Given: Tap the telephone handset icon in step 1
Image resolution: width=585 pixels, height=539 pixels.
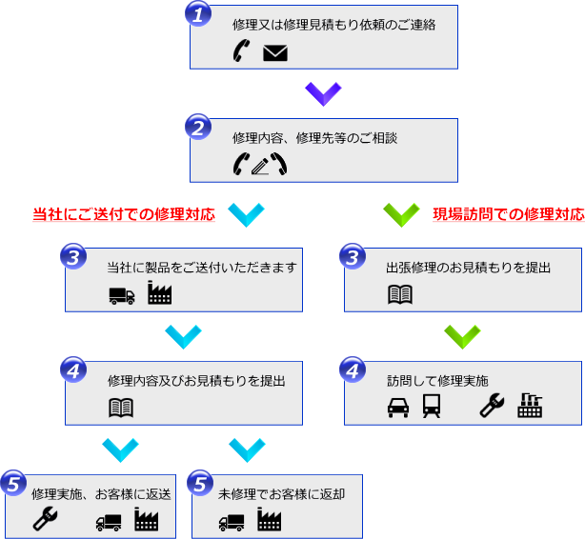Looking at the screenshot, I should pyautogui.click(x=240, y=52).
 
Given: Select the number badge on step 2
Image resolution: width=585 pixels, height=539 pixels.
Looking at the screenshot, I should pyautogui.click(x=197, y=128).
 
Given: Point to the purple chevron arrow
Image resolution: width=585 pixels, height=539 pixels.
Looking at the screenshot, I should pyautogui.click(x=323, y=93).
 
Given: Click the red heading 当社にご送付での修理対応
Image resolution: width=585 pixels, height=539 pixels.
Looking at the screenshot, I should pyautogui.click(x=124, y=214).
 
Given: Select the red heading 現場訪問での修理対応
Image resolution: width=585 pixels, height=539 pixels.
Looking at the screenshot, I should pyautogui.click(x=508, y=214).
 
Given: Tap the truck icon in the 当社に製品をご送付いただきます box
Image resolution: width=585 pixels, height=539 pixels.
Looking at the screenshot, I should pyautogui.click(x=122, y=295).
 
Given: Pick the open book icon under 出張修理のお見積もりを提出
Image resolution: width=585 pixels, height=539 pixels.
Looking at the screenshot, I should pyautogui.click(x=400, y=294).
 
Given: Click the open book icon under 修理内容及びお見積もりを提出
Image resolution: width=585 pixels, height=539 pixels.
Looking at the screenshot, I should pyautogui.click(x=121, y=409).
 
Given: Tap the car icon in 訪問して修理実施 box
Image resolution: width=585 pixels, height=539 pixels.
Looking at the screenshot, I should pyautogui.click(x=396, y=408).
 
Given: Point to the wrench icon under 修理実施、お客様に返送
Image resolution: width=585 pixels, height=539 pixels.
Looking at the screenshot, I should pyautogui.click(x=44, y=519).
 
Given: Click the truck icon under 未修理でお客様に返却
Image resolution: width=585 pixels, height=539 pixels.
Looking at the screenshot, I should pyautogui.click(x=232, y=521).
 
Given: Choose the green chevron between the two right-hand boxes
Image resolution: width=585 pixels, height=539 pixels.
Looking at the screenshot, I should pyautogui.click(x=462, y=336).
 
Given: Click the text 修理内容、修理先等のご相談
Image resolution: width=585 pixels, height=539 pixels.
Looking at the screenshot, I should pyautogui.click(x=314, y=138).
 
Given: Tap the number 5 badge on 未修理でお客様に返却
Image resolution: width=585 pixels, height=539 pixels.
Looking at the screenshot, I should pyautogui.click(x=199, y=484).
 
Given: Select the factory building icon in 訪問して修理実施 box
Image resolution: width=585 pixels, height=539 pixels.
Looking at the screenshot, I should pyautogui.click(x=530, y=407).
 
